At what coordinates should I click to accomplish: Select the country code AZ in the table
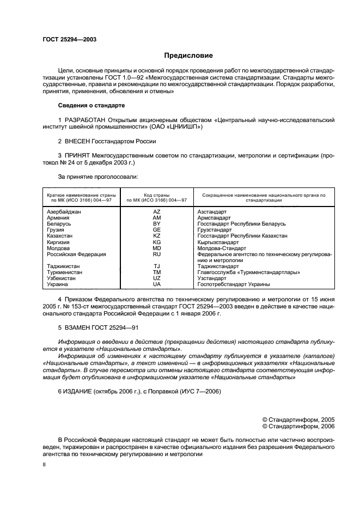click(x=157, y=211)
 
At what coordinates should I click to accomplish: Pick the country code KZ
click(x=157, y=236)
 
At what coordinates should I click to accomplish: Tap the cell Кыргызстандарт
click(x=218, y=242)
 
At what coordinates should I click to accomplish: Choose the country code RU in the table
click(x=157, y=254)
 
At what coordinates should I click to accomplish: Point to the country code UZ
click(x=157, y=278)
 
